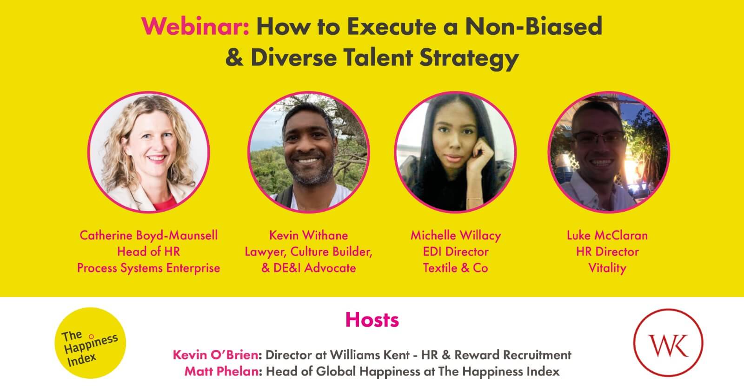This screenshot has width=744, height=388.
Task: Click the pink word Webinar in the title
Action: point(196,27)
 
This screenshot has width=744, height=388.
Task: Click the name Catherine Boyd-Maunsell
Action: point(148,235)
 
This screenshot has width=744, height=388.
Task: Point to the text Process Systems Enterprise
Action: point(148,268)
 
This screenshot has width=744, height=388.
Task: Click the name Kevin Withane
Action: point(308,235)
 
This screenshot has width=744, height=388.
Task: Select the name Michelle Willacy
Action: point(455,235)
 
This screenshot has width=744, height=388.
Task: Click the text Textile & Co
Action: point(455,268)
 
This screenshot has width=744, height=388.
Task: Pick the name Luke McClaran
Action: point(607,235)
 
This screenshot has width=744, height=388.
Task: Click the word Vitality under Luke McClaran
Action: point(607,268)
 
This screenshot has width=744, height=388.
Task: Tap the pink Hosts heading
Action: point(372,320)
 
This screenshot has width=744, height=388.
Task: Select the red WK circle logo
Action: point(668,344)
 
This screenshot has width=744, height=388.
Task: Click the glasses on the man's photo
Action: point(598,136)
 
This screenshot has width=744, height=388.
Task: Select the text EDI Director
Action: point(455,252)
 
